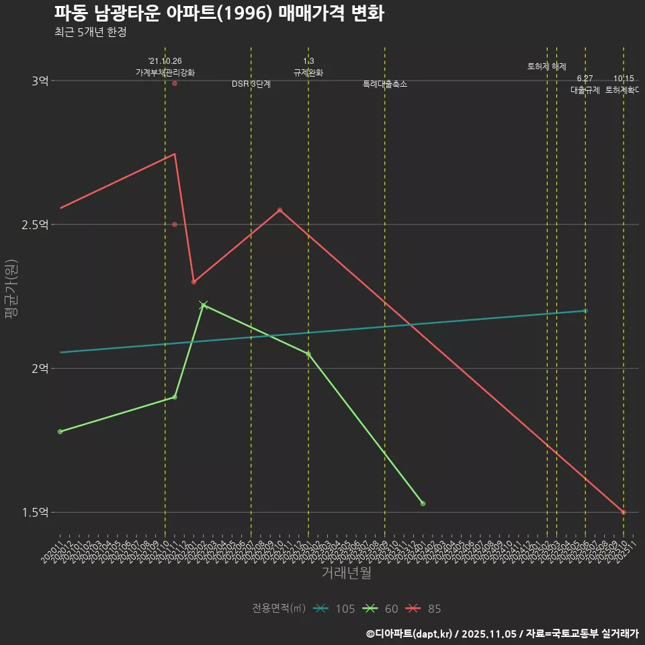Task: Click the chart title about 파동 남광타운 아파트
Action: pos(219,13)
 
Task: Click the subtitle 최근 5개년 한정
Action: pos(91,32)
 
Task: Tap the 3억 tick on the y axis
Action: pos(40,81)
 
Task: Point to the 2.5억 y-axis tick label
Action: pos(35,224)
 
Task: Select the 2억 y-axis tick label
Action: pos(40,368)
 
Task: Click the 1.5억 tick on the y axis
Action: pos(35,513)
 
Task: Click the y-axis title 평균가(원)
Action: pos(11,290)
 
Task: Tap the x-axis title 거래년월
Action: pos(346,573)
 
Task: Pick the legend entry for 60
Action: pos(381,609)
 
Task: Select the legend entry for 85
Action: pos(425,609)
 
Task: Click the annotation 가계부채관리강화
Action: pos(165,73)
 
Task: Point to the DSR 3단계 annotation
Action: pos(251,84)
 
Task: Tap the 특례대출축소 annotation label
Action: pos(385,84)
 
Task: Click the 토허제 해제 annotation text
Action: pos(547,67)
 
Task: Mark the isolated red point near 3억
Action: pos(175,83)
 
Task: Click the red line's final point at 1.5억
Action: pos(623,513)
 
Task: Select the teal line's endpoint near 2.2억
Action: pos(585,310)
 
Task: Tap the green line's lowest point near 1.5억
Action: pos(423,503)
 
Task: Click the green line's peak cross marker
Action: pos(204,305)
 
